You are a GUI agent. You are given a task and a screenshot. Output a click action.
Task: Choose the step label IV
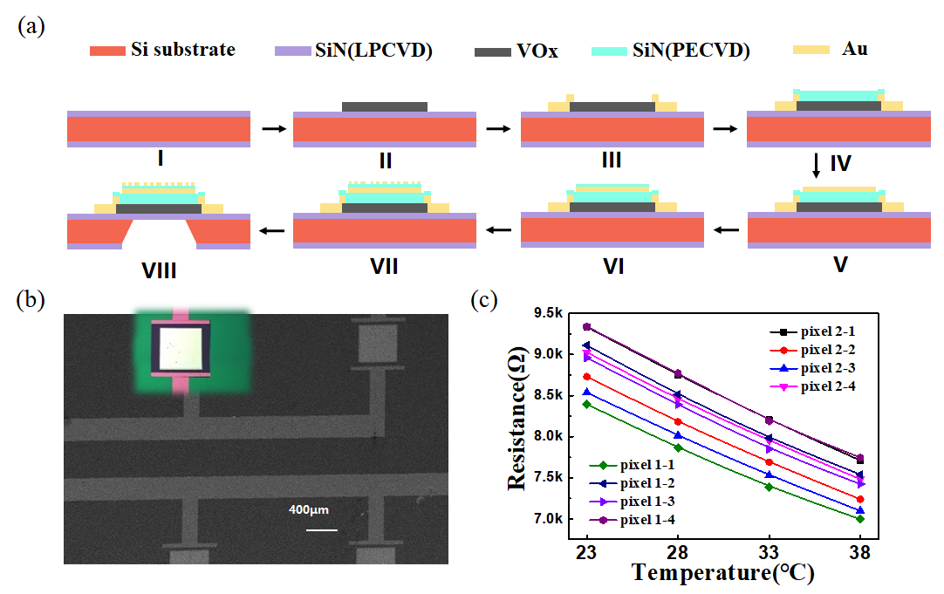coord(840,163)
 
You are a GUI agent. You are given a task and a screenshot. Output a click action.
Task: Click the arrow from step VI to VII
coord(499,230)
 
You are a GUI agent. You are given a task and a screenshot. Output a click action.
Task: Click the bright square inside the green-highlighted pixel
coord(181,348)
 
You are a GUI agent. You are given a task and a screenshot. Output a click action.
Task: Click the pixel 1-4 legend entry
coord(645,520)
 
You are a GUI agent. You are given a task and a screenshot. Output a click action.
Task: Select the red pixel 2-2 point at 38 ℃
coord(860,499)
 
